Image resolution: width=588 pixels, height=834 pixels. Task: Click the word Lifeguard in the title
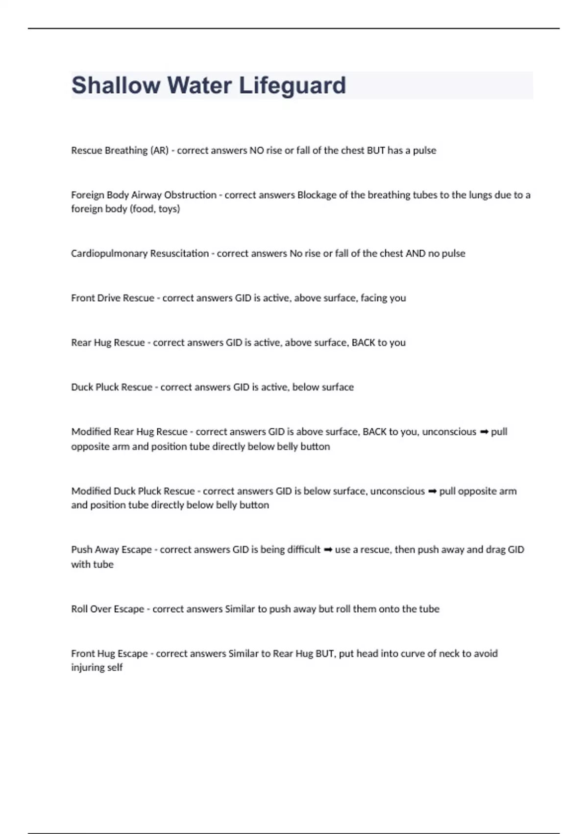[x=292, y=85]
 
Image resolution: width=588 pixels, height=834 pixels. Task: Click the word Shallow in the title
[x=116, y=85]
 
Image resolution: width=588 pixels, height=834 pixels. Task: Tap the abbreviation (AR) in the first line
[x=159, y=151]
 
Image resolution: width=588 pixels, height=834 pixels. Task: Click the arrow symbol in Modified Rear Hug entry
[x=484, y=432]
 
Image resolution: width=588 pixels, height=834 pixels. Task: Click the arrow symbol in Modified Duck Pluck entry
[x=432, y=492]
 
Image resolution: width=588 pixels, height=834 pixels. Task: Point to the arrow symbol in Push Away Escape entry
[x=328, y=550]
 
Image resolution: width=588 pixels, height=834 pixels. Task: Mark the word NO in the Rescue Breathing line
[x=257, y=151]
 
